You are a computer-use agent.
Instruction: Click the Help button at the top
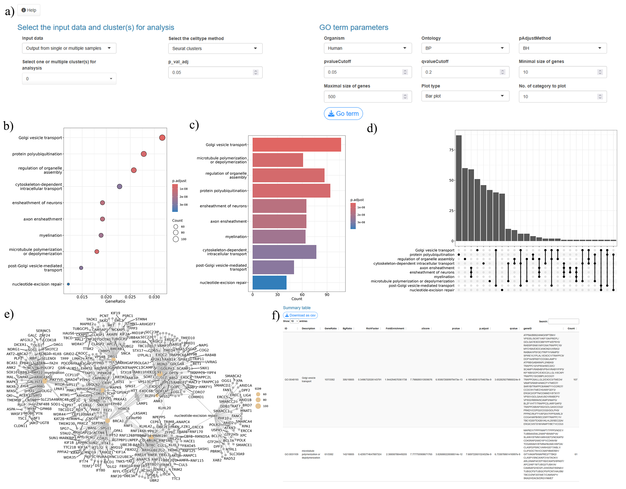29,10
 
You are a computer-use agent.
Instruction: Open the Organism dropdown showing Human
367,48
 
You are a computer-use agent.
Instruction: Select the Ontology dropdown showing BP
465,48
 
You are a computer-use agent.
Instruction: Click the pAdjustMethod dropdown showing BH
562,48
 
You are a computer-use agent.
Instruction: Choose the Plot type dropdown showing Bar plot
465,96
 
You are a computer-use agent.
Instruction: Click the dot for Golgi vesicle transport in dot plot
162,138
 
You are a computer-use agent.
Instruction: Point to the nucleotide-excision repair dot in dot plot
68,284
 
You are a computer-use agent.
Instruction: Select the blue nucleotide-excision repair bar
269,283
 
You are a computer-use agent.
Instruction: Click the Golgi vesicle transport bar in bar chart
297,145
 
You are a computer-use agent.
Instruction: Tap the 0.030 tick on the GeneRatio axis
154,297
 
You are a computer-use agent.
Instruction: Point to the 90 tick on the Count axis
327,295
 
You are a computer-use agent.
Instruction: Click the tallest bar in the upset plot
459,188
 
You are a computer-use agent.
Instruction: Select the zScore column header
425,329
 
